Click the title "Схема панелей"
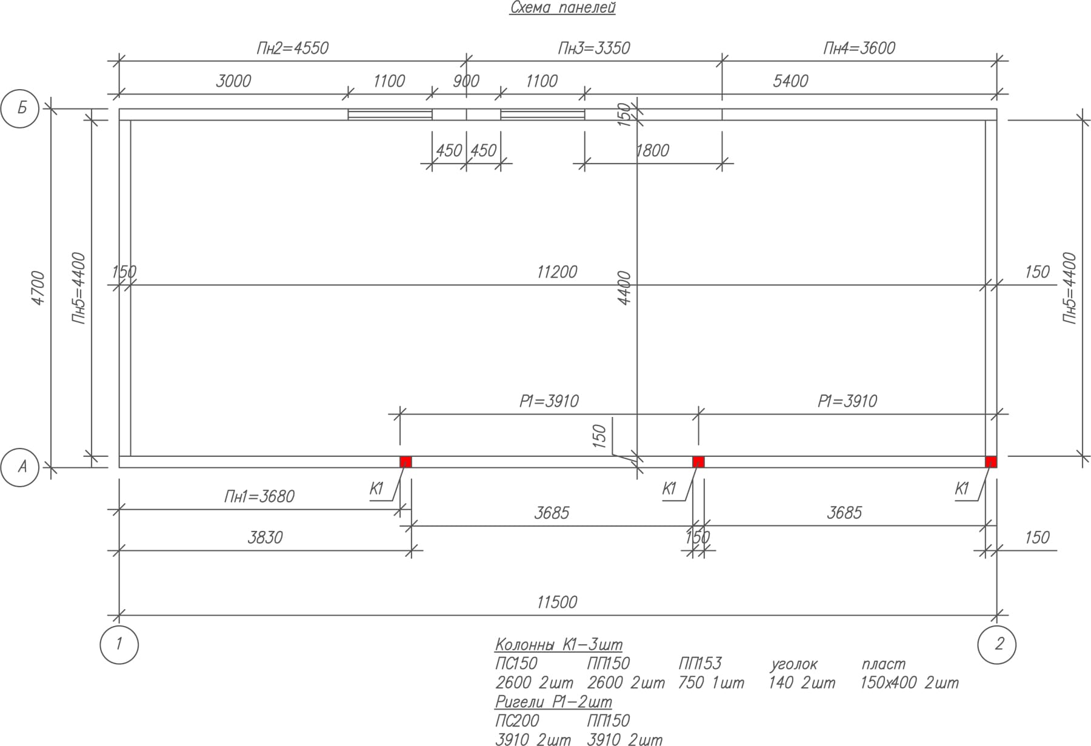pyautogui.click(x=562, y=8)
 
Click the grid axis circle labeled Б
pyautogui.click(x=20, y=109)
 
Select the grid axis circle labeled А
pyautogui.click(x=20, y=467)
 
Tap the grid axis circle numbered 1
pyautogui.click(x=119, y=644)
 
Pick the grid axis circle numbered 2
pyautogui.click(x=997, y=644)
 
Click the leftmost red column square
pyautogui.click(x=405, y=462)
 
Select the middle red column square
pyautogui.click(x=698, y=462)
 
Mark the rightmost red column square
pyautogui.click(x=991, y=462)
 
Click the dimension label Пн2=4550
pyautogui.click(x=292, y=48)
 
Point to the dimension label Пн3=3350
pyautogui.click(x=594, y=48)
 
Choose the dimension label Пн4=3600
pyautogui.click(x=859, y=48)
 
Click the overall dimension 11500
pyautogui.click(x=557, y=602)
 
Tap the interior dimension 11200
pyautogui.click(x=557, y=272)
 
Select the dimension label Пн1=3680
pyautogui.click(x=259, y=497)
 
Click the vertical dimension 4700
pyautogui.click(x=38, y=288)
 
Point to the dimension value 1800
pyautogui.click(x=652, y=151)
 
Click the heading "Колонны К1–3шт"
pyautogui.click(x=558, y=644)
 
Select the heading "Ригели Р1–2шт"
pyautogui.click(x=553, y=702)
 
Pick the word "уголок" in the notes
pyautogui.click(x=794, y=664)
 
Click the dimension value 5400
pyautogui.click(x=790, y=81)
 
